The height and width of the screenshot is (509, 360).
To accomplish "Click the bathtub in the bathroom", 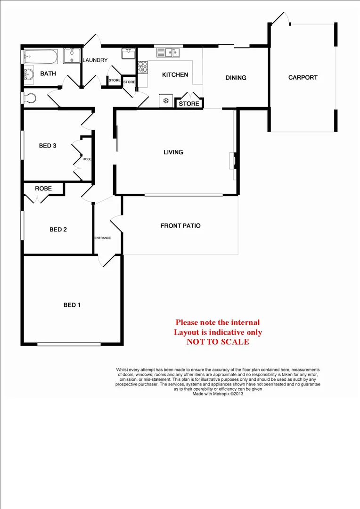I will tap(41, 57).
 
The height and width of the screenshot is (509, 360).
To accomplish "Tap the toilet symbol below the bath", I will tap(31, 98).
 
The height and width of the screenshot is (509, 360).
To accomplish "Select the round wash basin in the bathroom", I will tap(29, 74).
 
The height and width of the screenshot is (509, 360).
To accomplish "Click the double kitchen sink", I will tap(168, 52).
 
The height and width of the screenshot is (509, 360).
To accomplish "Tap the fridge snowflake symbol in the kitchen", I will tap(165, 100).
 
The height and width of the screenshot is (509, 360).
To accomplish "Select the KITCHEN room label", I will tap(175, 74).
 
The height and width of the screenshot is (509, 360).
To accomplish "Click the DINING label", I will tap(236, 78).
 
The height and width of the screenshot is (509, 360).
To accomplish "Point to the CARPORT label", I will tap(303, 77).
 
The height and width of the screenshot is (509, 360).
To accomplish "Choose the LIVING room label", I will tap(173, 152).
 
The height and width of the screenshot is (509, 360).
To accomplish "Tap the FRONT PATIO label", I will tap(180, 226).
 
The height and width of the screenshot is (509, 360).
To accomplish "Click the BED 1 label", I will tap(72, 305).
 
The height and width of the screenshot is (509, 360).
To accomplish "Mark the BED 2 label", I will tap(58, 230).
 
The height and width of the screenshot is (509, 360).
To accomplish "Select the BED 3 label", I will tap(48, 146).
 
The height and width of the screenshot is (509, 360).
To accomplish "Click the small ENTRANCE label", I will tap(103, 238).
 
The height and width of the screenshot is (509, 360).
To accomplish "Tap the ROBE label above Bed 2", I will tap(43, 189).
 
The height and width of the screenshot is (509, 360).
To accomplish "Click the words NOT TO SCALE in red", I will tap(217, 342).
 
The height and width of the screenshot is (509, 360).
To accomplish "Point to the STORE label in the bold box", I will tap(189, 104).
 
